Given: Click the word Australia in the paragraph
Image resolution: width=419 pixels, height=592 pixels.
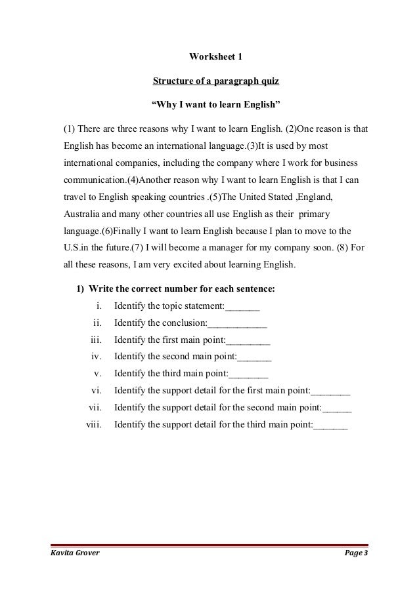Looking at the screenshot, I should pos(82,214).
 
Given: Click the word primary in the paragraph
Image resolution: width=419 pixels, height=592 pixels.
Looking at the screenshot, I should pos(315,214).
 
